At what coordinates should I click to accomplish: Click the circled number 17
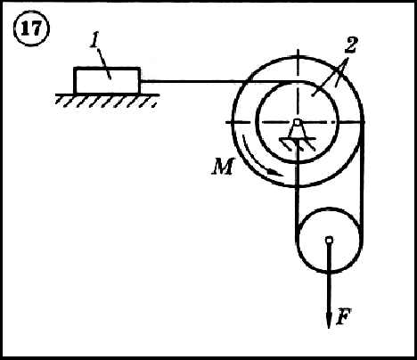[32, 29]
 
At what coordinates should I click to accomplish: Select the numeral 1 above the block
[95, 43]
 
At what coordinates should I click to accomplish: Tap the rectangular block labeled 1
[107, 80]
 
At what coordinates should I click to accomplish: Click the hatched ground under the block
[107, 101]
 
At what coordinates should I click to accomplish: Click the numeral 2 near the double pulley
[350, 45]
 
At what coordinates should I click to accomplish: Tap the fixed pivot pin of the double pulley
[297, 122]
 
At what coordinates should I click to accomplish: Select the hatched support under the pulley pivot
[297, 142]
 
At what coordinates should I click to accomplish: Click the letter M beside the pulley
[223, 167]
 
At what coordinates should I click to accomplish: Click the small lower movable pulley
[329, 240]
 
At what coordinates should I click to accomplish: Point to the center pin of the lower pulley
[329, 240]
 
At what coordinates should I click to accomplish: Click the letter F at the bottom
[343, 316]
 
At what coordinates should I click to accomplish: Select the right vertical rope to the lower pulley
[362, 178]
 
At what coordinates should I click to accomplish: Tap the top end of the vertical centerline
[298, 48]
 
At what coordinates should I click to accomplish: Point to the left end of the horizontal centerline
[226, 122]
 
